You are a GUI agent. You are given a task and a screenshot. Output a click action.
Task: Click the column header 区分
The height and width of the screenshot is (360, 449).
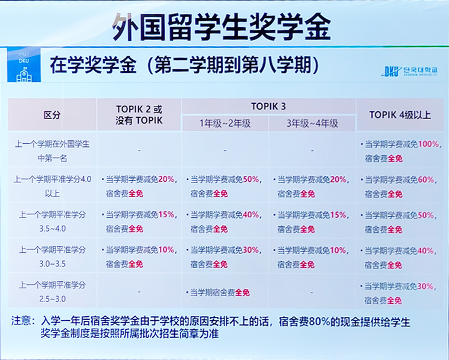(52, 115)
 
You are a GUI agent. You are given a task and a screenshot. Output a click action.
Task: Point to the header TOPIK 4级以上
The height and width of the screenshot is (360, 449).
(400, 114)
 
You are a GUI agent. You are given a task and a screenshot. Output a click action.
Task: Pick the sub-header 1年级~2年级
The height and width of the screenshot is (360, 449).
(224, 123)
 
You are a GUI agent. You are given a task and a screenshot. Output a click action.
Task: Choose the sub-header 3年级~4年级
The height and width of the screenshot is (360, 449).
(312, 123)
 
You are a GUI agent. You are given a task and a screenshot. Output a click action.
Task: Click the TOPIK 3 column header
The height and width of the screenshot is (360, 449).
(268, 106)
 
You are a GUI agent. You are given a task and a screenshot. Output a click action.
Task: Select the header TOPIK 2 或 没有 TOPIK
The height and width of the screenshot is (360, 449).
(139, 115)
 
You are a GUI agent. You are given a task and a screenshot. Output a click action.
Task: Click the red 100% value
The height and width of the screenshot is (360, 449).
(429, 144)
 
